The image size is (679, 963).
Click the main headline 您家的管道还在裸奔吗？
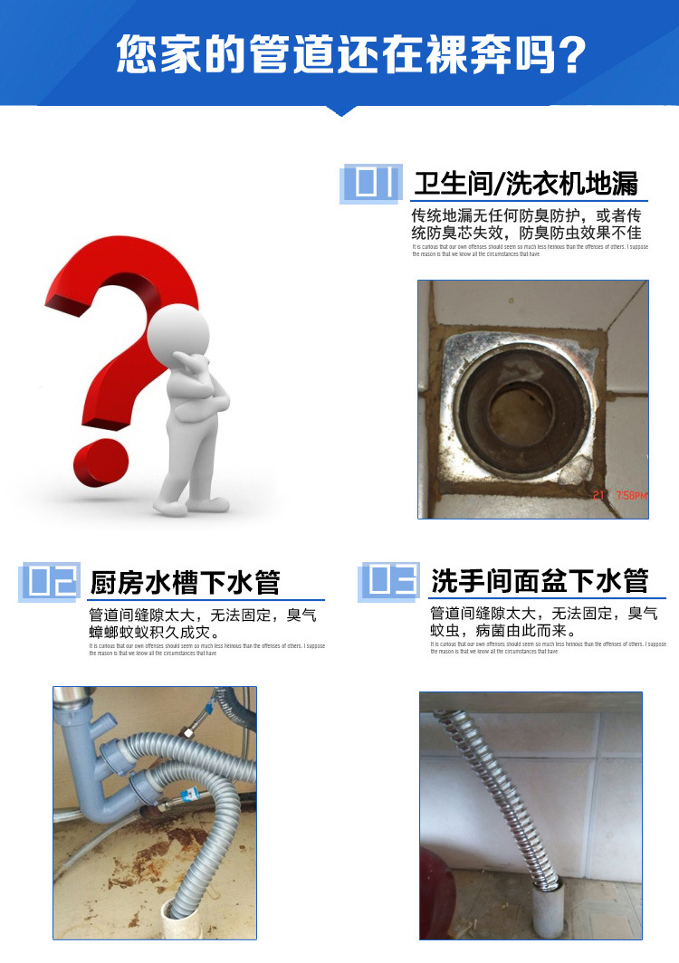pyautogui.click(x=350, y=56)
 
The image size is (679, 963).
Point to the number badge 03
pyautogui.click(x=390, y=580)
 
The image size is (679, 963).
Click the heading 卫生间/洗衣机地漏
pyautogui.click(x=525, y=184)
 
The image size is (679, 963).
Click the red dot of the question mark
pyautogui.click(x=101, y=462)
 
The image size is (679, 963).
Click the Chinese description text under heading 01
pyautogui.click(x=526, y=224)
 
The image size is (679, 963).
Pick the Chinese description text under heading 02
pyautogui.click(x=202, y=624)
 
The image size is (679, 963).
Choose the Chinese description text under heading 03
pyautogui.click(x=543, y=622)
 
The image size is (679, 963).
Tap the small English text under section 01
pyautogui.click(x=530, y=250)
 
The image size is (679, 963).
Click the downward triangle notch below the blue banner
pyautogui.click(x=340, y=111)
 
